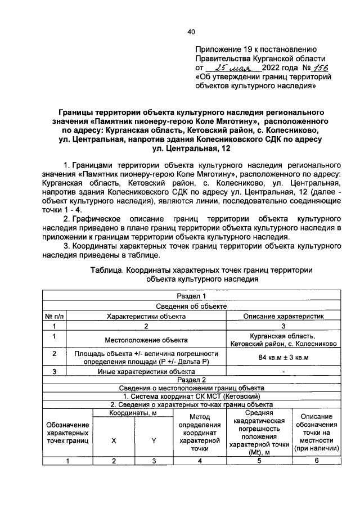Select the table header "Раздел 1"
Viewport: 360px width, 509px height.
click(x=191, y=296)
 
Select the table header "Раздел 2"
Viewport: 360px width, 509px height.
click(x=191, y=380)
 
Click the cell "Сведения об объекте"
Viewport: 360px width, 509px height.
click(x=191, y=306)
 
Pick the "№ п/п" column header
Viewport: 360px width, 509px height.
click(x=55, y=316)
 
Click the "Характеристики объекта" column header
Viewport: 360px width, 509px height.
click(x=146, y=316)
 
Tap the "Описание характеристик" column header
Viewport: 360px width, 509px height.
click(x=283, y=316)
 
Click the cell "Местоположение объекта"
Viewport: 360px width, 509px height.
click(x=146, y=339)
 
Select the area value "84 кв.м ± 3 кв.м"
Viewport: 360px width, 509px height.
click(x=283, y=357)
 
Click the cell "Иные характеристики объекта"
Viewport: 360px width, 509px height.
click(x=146, y=371)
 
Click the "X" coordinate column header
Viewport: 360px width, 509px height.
click(x=114, y=441)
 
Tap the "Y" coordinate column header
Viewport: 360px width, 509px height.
click(x=154, y=441)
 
